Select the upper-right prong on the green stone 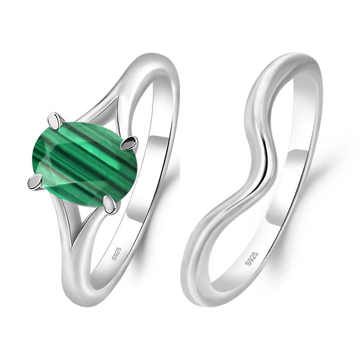click(129, 143)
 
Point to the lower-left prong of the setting click(35, 182)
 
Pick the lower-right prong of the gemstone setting click(110, 204)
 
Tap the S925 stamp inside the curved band click(251, 258)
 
